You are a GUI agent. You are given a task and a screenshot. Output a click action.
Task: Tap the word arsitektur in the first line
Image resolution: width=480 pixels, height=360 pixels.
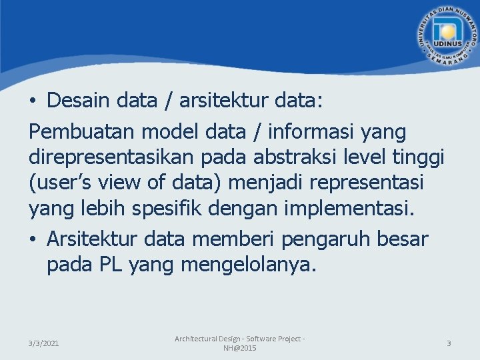217,101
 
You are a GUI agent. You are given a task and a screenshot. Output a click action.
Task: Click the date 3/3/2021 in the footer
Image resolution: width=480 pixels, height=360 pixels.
43,343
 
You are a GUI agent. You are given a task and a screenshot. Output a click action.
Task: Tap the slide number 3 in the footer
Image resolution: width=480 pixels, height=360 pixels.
449,343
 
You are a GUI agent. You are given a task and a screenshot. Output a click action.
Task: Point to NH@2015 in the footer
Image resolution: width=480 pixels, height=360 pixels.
239,349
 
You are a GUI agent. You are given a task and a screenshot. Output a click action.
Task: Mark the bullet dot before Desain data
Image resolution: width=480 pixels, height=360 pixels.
33,101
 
